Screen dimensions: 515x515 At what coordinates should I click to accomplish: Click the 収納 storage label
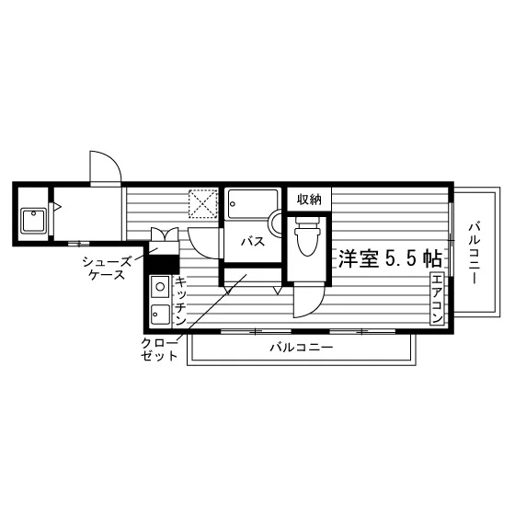coord(309,200)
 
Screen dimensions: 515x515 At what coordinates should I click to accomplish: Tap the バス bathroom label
coord(253,242)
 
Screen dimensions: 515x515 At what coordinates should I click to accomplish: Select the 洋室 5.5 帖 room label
coord(390,258)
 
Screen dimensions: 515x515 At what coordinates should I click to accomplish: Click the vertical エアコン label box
coord(437,298)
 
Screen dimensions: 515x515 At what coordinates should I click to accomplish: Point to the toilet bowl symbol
coord(307,236)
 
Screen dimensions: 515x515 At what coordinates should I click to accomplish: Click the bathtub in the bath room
coord(253,203)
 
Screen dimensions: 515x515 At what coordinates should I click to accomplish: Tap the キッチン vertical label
coord(180,301)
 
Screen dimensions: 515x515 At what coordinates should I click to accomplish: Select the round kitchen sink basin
coord(160,287)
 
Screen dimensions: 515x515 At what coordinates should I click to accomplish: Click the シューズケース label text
coord(107,268)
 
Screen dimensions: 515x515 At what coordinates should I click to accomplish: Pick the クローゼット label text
coord(160,349)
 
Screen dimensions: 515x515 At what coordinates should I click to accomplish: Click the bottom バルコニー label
coord(302,348)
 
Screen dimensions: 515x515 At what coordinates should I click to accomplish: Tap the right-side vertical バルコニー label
coord(475,253)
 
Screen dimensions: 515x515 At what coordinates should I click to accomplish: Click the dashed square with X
coord(203,204)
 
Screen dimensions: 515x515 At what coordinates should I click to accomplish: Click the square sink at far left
coord(33,221)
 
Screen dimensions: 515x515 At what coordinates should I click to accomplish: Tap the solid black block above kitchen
coord(164,264)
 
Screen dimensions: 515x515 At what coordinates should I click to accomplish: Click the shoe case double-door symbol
coord(165,235)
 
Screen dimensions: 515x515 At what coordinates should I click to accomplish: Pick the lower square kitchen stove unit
coord(160,315)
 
